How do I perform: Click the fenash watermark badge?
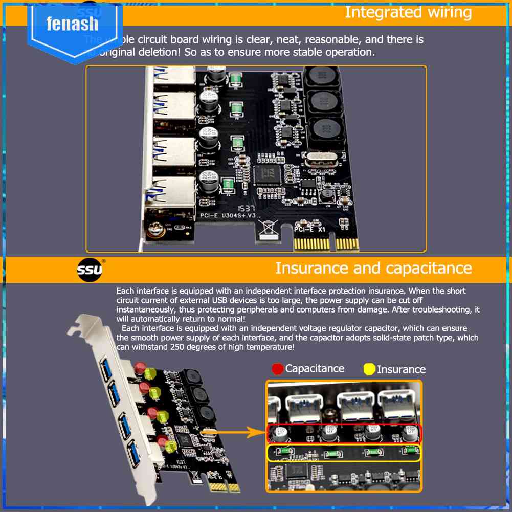tap(72, 25)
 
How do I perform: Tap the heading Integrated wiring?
tap(408, 12)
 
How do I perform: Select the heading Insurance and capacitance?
tap(373, 268)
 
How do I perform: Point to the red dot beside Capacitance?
tap(278, 369)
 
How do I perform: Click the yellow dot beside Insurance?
tap(369, 369)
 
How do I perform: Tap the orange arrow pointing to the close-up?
tap(232, 433)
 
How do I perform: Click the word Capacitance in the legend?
tap(315, 369)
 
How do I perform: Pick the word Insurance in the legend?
tap(401, 369)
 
